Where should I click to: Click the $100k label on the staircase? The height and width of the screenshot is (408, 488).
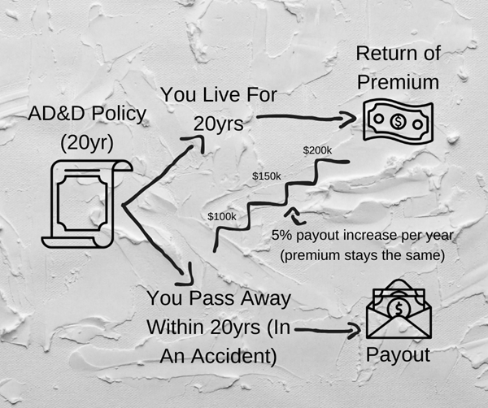pyautogui.click(x=221, y=216)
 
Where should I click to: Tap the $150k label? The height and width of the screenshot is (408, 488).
pyautogui.click(x=266, y=176)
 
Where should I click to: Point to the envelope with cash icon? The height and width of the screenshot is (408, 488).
pyautogui.click(x=399, y=314)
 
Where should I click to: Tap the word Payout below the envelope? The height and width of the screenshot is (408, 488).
pyautogui.click(x=398, y=356)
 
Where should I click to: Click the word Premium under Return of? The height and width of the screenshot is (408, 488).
pyautogui.click(x=399, y=82)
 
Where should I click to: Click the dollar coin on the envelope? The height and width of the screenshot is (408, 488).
pyautogui.click(x=399, y=306)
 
